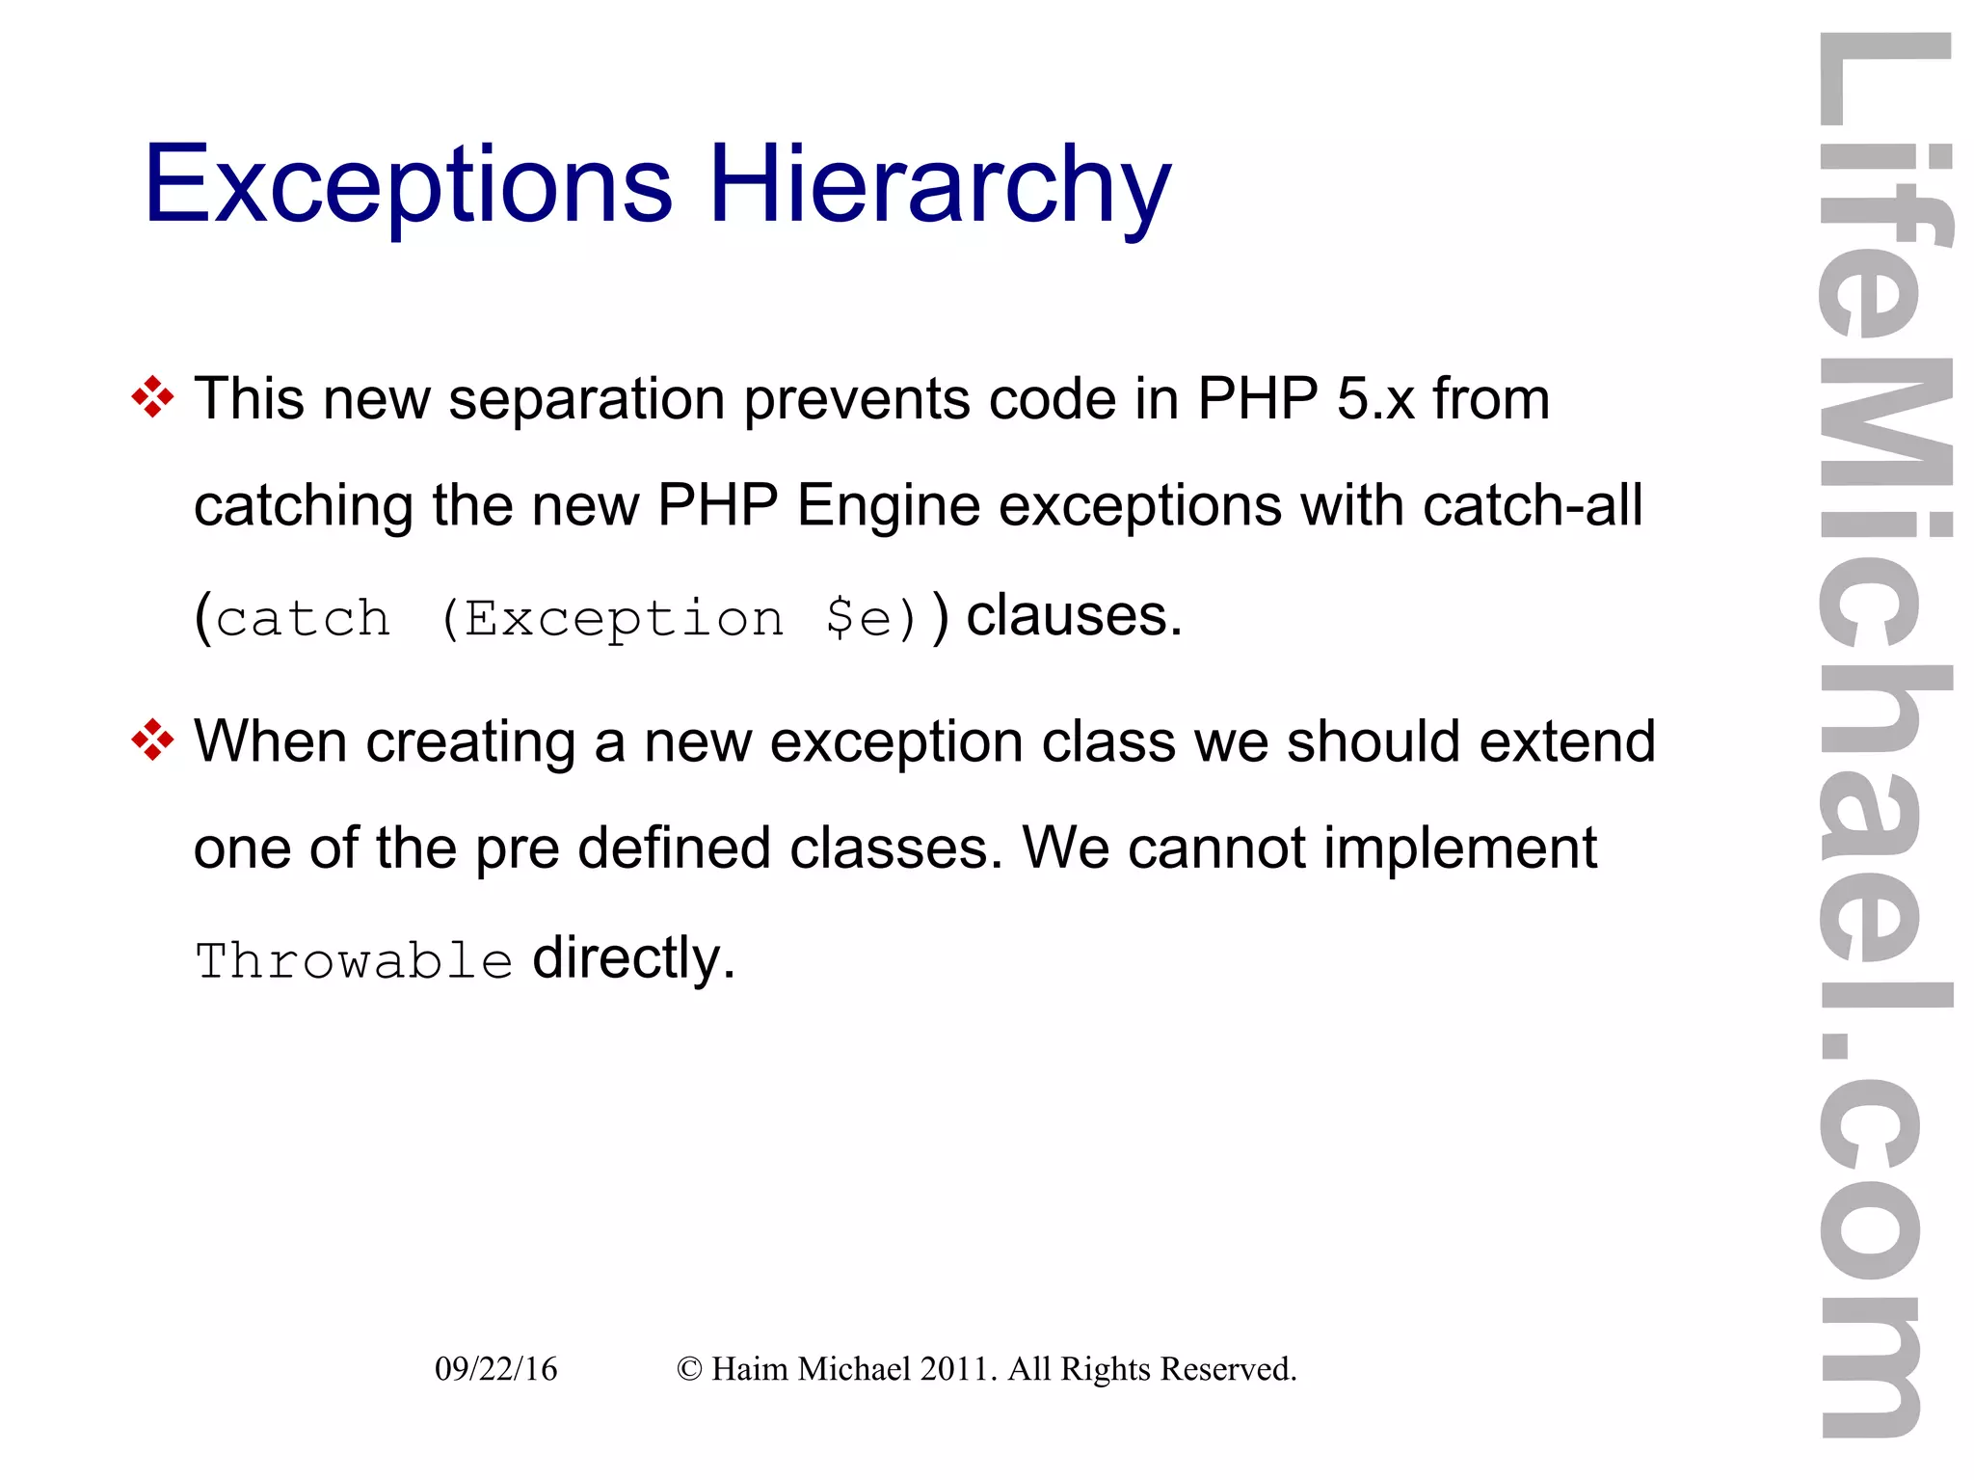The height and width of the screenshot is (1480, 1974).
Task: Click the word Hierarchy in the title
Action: (940, 185)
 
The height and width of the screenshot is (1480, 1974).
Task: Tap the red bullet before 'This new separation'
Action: (152, 397)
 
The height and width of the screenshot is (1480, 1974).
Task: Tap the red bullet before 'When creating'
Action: (152, 740)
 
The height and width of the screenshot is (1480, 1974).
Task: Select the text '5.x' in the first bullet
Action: (1375, 398)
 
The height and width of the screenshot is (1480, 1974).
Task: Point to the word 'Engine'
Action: (888, 505)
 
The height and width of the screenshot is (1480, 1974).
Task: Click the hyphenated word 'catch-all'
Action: (1533, 505)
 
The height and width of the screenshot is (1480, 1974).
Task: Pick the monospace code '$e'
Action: (858, 618)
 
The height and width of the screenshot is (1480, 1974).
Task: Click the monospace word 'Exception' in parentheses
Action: (624, 618)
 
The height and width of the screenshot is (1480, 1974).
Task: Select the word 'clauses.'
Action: (1074, 615)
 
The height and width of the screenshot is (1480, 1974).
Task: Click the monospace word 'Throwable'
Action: (354, 961)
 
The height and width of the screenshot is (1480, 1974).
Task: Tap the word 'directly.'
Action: (633, 958)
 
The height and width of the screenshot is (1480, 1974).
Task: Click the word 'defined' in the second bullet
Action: (674, 848)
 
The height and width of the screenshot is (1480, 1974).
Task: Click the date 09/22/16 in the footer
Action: (495, 1369)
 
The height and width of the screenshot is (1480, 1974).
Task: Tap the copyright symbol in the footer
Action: (689, 1369)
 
